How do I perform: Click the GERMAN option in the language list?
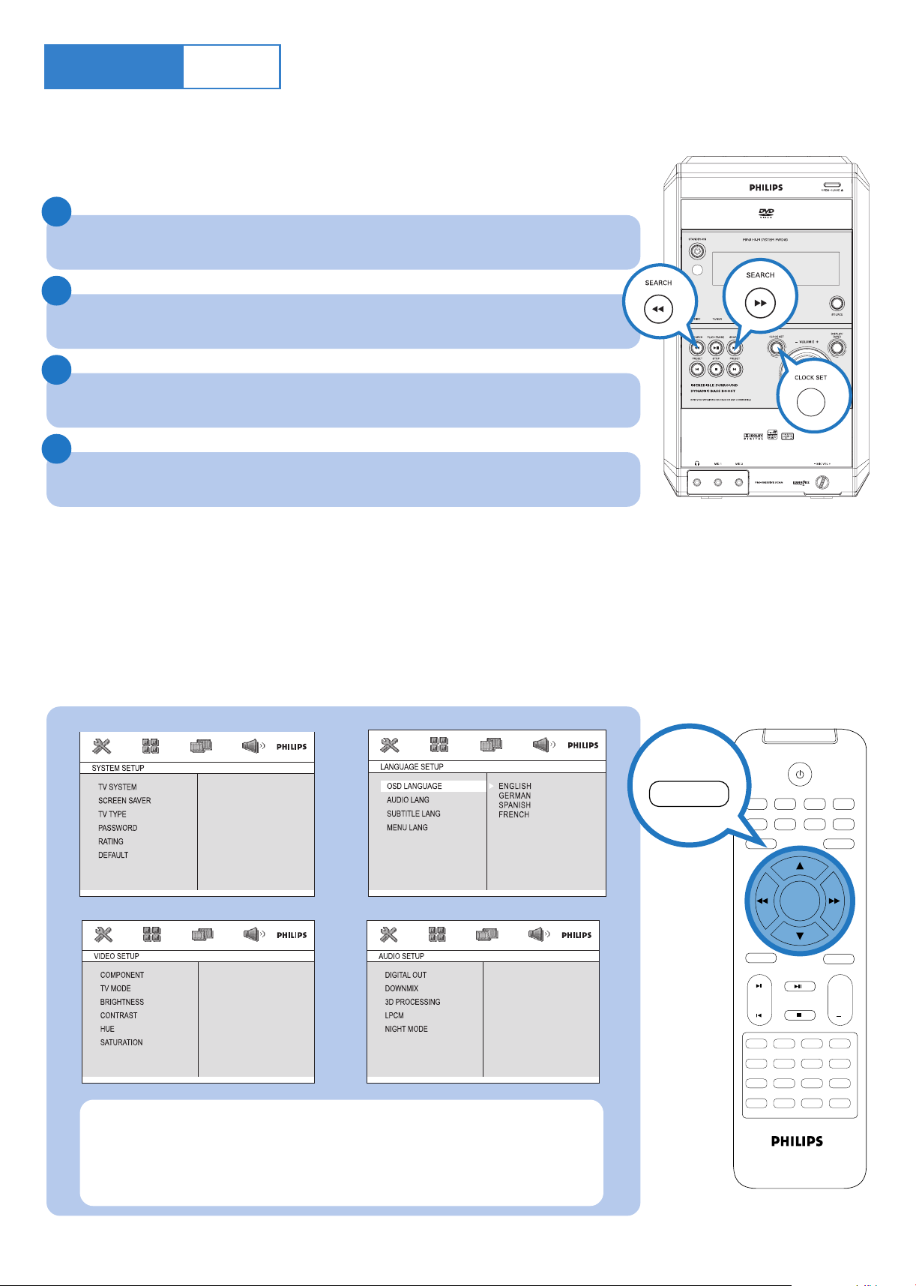(514, 796)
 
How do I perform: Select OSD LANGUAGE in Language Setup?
(415, 786)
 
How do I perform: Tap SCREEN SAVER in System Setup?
(124, 801)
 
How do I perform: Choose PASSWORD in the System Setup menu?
(118, 828)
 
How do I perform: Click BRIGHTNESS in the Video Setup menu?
(122, 1002)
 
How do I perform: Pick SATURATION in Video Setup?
(121, 1042)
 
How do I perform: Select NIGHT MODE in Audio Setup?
(406, 1029)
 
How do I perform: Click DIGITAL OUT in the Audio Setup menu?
(406, 975)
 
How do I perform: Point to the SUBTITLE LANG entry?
(414, 814)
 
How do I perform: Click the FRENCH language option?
(514, 814)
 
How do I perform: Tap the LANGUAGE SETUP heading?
(412, 767)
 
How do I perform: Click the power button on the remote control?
(800, 774)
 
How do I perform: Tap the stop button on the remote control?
(800, 1015)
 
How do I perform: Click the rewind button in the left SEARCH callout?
(658, 309)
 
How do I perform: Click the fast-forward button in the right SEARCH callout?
(760, 303)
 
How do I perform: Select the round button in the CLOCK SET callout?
(810, 403)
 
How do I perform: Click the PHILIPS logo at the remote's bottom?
(797, 1141)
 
